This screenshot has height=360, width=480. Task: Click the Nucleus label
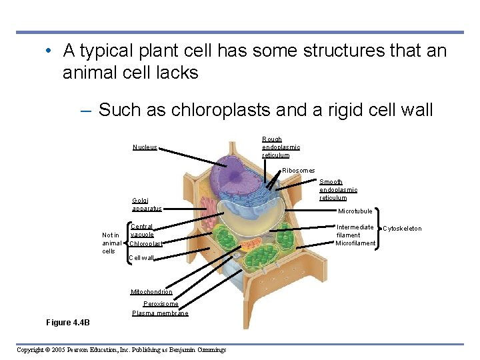coord(145,147)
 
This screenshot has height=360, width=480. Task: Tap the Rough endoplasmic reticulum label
coord(281,147)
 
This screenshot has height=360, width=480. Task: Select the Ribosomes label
coord(298,171)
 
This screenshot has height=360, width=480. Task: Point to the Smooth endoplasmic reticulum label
coord(338,190)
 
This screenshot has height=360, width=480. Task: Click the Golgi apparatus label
coord(147,204)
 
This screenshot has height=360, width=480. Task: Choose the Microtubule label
coord(355,211)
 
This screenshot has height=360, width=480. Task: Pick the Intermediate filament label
coord(355,231)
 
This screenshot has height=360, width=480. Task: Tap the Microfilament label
coord(355,243)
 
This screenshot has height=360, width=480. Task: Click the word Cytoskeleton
coord(402,229)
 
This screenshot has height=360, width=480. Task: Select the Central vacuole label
coord(142,231)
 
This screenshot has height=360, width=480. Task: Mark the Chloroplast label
coord(146,243)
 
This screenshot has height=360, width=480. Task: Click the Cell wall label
coord(141,258)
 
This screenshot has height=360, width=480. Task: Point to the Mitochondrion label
coord(151,292)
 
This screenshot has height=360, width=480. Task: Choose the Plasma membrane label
coord(160,313)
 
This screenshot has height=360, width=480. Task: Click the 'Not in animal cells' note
coord(111,243)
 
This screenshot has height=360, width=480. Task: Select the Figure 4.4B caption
coord(67,323)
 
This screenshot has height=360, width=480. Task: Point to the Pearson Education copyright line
coord(121,349)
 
